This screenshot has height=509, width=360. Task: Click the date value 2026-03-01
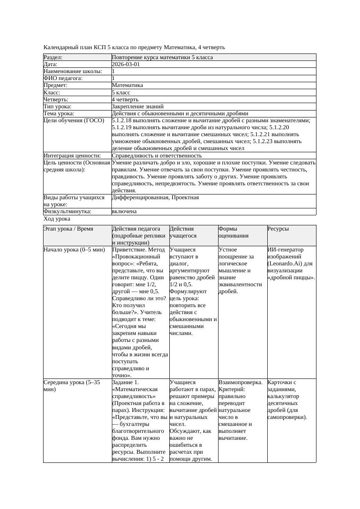click(x=126, y=64)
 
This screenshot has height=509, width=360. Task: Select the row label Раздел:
click(x=53, y=57)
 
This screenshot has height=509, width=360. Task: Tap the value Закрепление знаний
click(x=138, y=107)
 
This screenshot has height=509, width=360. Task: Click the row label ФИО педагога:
click(x=63, y=78)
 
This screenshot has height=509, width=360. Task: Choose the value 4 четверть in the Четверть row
click(x=124, y=100)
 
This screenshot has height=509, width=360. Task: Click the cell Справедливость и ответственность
click(x=157, y=156)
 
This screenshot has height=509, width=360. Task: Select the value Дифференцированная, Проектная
click(x=155, y=198)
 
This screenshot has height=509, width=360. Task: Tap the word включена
click(x=124, y=212)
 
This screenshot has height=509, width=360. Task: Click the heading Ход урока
click(x=57, y=219)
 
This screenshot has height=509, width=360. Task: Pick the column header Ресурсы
click(x=278, y=229)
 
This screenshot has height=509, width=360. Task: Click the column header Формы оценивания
click(x=234, y=232)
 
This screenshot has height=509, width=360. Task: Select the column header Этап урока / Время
click(x=68, y=229)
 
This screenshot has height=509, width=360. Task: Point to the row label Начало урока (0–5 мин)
click(x=74, y=250)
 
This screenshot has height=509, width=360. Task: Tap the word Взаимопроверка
click(x=240, y=383)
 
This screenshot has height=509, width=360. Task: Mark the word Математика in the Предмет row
click(x=127, y=86)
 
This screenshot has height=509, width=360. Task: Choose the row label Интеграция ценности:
click(x=72, y=156)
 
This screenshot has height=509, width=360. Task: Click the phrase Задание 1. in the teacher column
click(x=126, y=383)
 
